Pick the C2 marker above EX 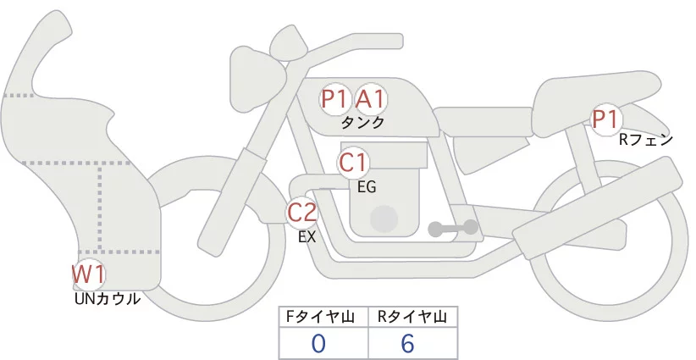pyautogui.click(x=302, y=213)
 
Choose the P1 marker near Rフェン pyautogui.click(x=605, y=120)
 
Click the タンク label pyautogui.click(x=363, y=123)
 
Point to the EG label pyautogui.click(x=367, y=186)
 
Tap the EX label pyautogui.click(x=307, y=237)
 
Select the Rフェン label pyautogui.click(x=646, y=140)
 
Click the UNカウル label pyautogui.click(x=108, y=298)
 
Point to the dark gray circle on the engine pyautogui.click(x=385, y=219)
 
